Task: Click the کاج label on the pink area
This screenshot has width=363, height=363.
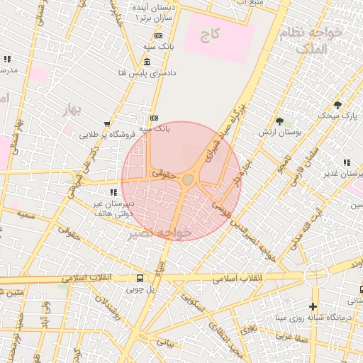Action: click(x=211, y=33)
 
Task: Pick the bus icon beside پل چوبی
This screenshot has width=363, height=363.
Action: click(x=140, y=278)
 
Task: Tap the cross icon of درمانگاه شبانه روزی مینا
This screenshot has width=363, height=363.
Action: click(x=313, y=307)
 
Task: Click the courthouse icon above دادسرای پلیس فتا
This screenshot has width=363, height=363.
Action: click(x=147, y=62)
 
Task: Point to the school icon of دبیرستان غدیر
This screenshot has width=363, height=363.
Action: click(x=347, y=162)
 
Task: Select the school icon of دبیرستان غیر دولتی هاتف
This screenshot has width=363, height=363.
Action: click(x=113, y=192)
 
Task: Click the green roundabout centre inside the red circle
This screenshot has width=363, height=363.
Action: click(x=187, y=181)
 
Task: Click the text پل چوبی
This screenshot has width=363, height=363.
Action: click(x=140, y=289)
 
